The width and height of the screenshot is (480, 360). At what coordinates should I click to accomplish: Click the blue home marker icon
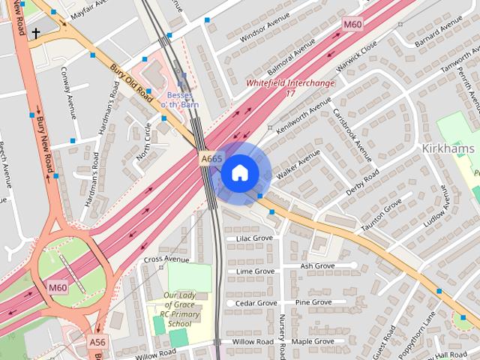point(239,173)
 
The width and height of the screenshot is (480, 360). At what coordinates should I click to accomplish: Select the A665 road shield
point(211,159)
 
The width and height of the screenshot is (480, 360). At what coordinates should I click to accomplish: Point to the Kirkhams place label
point(451,148)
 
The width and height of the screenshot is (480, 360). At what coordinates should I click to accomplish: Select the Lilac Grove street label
point(254,238)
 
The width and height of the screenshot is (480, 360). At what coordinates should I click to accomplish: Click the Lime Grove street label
point(254,271)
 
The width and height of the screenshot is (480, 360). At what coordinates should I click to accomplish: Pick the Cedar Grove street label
point(256,303)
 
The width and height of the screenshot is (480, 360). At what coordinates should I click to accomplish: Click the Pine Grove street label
point(313,302)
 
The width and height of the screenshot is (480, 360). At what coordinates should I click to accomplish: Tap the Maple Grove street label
point(313,341)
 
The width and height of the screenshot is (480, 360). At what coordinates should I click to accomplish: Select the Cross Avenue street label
point(166,259)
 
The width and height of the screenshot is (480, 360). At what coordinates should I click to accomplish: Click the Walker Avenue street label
point(298,163)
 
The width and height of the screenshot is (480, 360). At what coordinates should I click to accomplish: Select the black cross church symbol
point(35,33)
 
